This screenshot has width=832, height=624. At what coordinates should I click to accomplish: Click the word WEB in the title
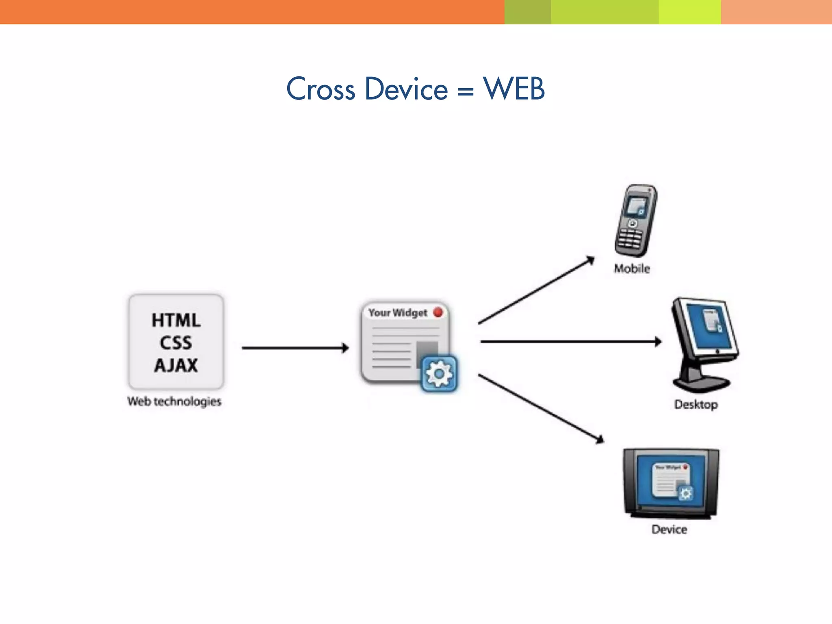coord(513,89)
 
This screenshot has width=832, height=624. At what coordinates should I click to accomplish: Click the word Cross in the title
coord(321,89)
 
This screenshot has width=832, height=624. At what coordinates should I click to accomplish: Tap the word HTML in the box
coord(176,320)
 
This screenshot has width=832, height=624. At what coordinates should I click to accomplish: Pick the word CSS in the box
coord(176,343)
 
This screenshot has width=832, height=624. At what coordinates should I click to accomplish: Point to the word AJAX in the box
coord(176,365)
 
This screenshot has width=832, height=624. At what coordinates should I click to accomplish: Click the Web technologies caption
coord(174,401)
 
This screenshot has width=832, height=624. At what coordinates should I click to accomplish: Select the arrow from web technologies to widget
coord(295,348)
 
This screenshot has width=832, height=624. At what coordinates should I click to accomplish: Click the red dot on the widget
coord(438,312)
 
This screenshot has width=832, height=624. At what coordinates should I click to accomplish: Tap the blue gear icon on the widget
coord(439,373)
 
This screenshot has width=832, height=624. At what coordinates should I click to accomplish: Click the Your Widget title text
coord(398,313)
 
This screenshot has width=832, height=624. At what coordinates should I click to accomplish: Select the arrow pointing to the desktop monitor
coord(569,342)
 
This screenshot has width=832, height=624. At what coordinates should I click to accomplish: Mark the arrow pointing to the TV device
coord(540,408)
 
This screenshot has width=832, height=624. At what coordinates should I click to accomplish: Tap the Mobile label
coord(632,269)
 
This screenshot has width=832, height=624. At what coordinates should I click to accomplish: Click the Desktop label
coord(696,405)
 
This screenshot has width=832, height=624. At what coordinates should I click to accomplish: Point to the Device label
coord(669,529)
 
